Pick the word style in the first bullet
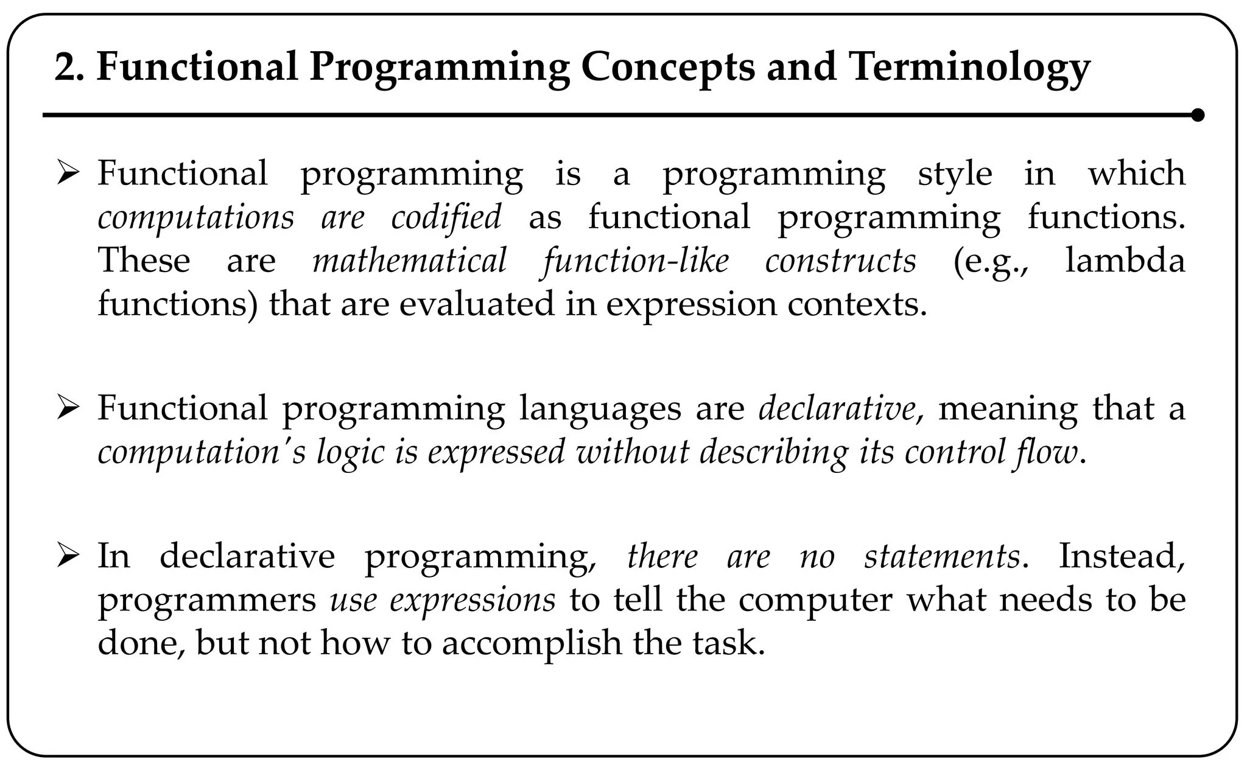(955, 174)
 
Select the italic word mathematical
(409, 261)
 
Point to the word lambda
(1125, 261)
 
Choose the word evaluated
(477, 304)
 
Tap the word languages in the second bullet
(600, 408)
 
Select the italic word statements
(941, 556)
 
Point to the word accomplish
(530, 643)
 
